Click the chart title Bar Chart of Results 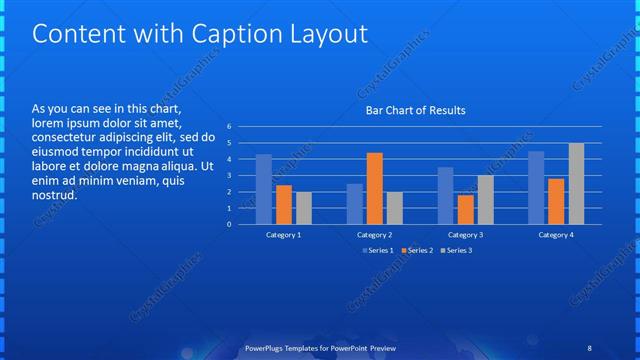(x=415, y=110)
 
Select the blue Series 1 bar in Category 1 (x=264, y=189)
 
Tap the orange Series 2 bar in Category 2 (x=374, y=188)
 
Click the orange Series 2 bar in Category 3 (x=465, y=209)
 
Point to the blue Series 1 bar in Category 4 (x=536, y=187)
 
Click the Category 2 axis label (x=374, y=234)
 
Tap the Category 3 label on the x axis (x=465, y=234)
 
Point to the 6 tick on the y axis (x=229, y=127)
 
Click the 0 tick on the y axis (x=229, y=224)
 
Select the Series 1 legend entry (x=378, y=250)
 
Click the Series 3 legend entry (x=459, y=250)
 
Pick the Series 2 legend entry (x=418, y=250)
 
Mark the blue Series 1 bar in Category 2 (x=355, y=204)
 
